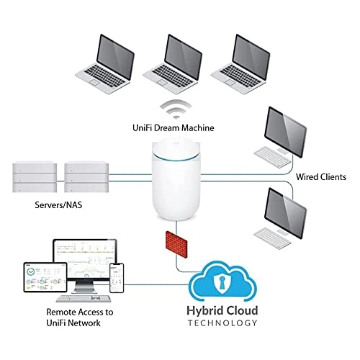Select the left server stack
(x=35, y=177)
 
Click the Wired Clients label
(x=321, y=176)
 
